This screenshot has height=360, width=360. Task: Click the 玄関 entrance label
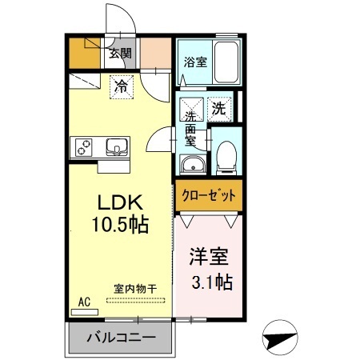[x=122, y=54]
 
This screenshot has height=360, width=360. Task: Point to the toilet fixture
[x=226, y=156]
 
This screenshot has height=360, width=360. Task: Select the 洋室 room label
[x=208, y=258]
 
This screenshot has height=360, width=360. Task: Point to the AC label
[x=83, y=302]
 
